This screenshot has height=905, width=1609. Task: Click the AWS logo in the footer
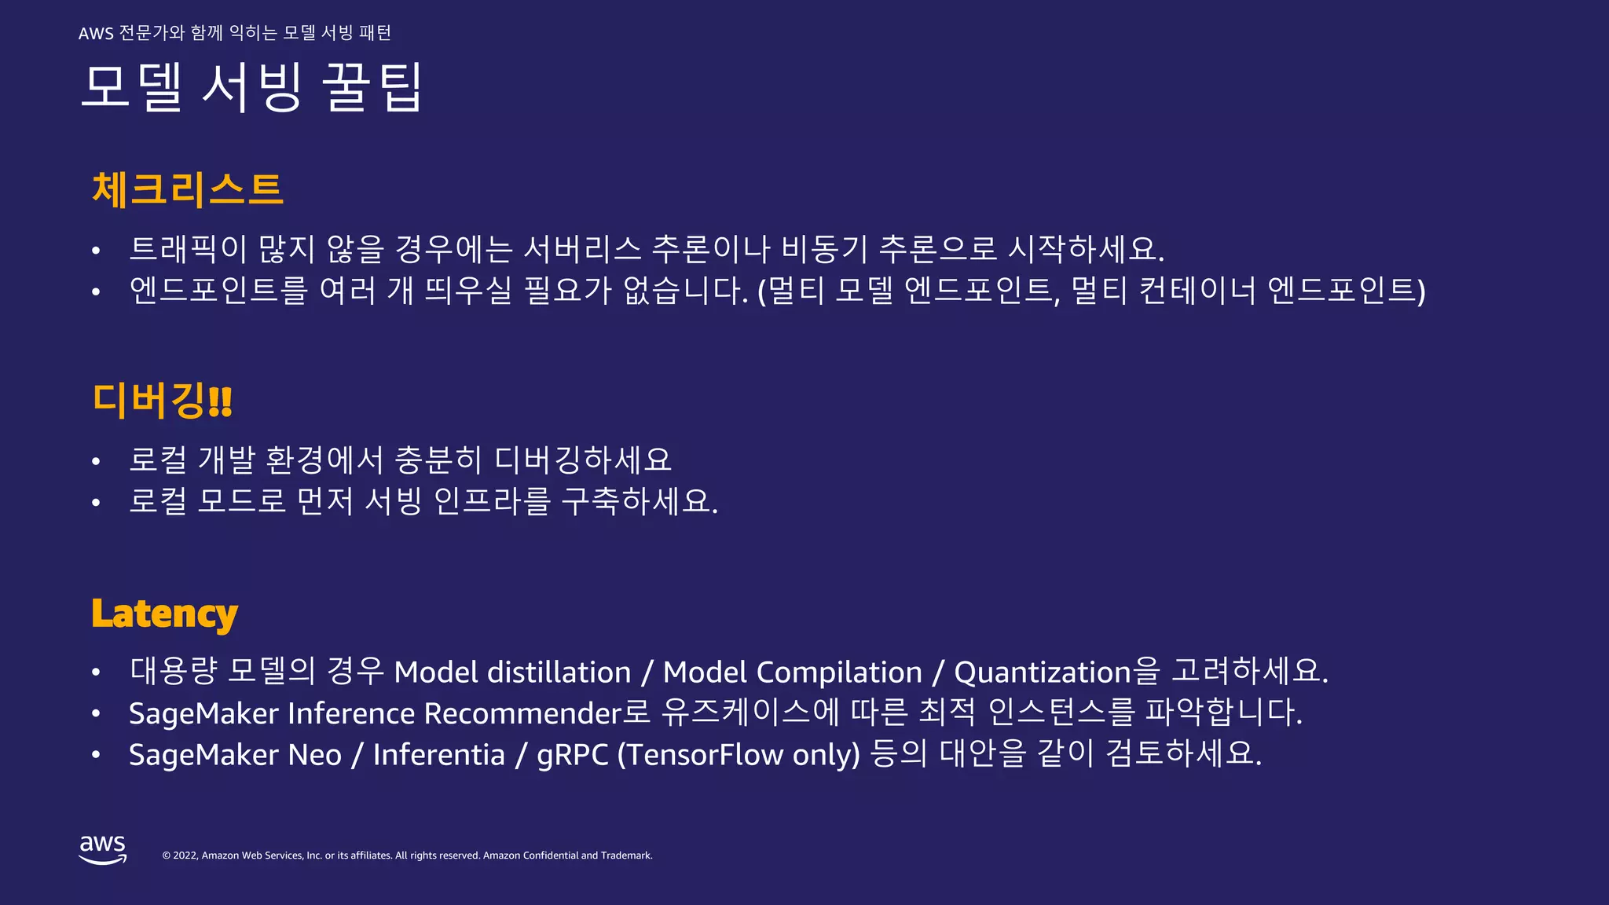pos(102,850)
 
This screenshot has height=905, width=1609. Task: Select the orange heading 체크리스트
pos(187,190)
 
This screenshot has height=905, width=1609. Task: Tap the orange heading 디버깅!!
pos(162,400)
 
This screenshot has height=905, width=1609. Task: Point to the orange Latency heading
pos(164,614)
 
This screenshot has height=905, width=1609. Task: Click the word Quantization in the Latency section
pos(1042,672)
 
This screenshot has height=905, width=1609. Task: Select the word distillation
pos(559,672)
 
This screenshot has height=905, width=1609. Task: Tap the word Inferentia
pos(438,755)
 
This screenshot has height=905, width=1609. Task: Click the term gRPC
pos(572,755)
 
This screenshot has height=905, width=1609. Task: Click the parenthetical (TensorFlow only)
pos(739,755)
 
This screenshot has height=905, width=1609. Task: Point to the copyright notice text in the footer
pos(407,856)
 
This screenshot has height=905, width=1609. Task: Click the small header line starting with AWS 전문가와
pos(234,33)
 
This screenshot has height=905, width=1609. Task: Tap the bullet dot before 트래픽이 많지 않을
pos(96,251)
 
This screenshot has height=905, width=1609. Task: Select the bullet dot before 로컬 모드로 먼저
pos(96,503)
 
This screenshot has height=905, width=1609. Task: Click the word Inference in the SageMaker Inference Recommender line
pos(350,713)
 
